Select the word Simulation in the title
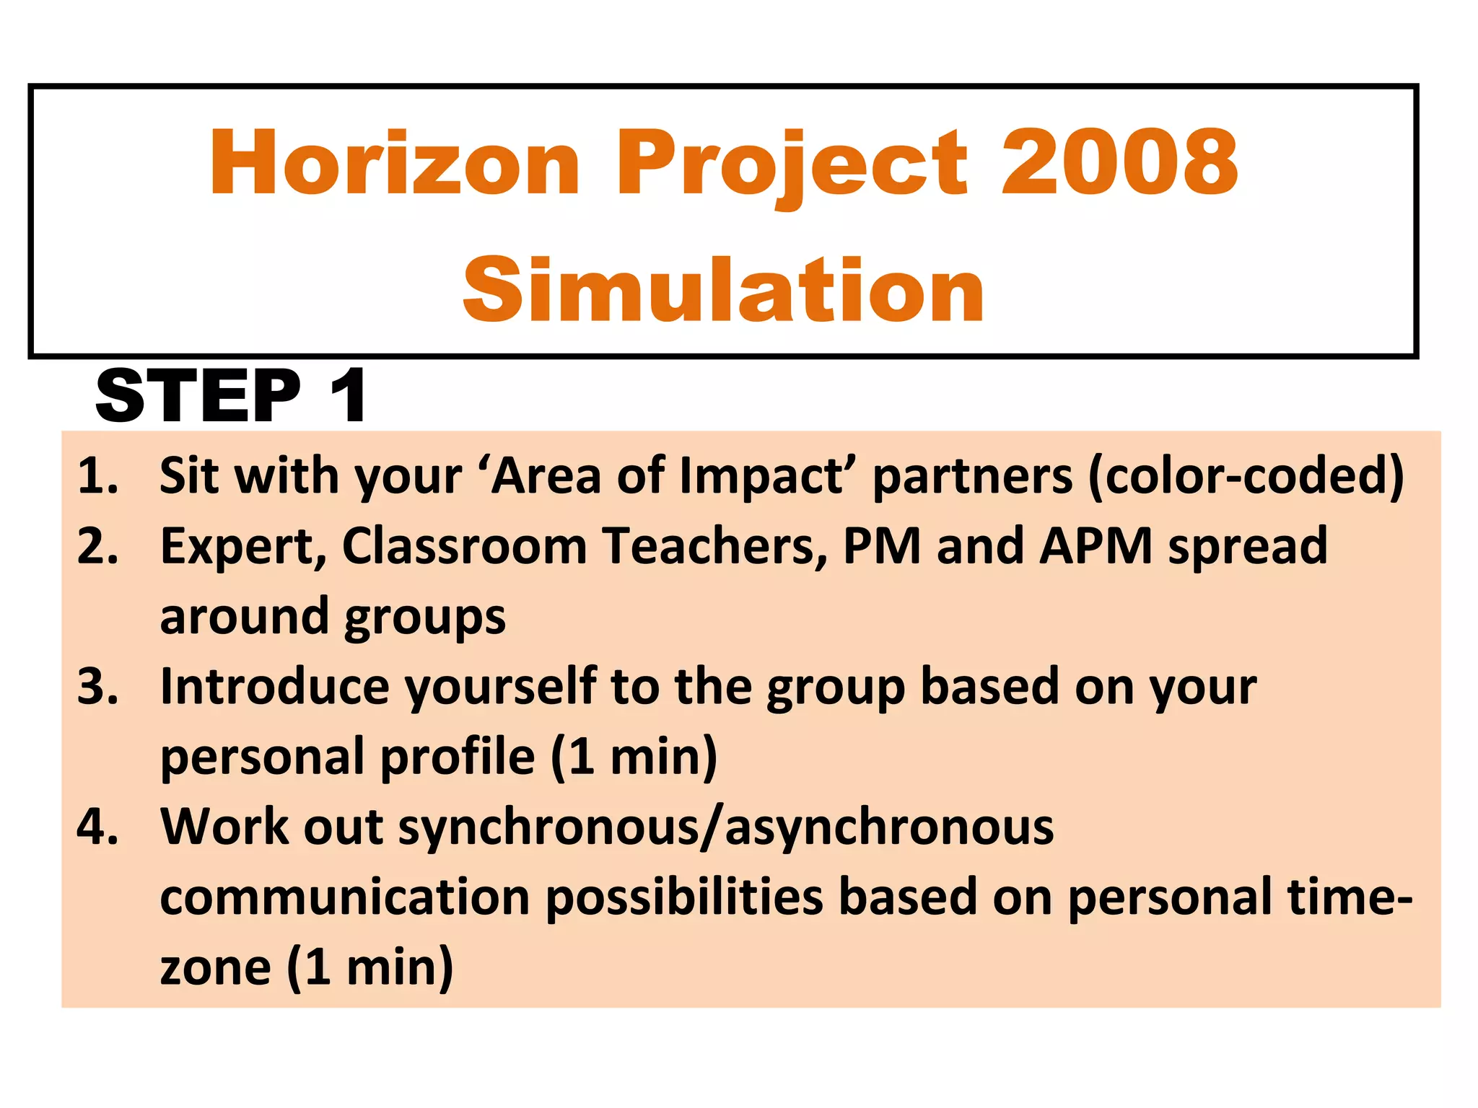(724, 291)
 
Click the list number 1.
(97, 476)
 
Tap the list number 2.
(97, 546)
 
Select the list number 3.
(97, 686)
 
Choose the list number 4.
(97, 827)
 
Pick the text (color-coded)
(1246, 476)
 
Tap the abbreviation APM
(1096, 546)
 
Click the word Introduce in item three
(275, 686)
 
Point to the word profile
(458, 757)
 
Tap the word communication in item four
(345, 897)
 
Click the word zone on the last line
(215, 967)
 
